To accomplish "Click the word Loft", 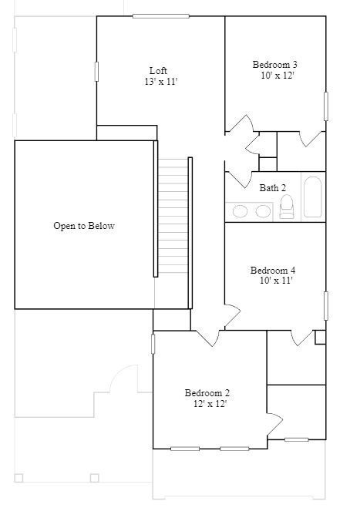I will (158, 70).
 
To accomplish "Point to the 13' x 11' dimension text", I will (160, 82).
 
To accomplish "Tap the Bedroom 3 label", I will (275, 65).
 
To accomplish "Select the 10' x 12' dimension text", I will (278, 76).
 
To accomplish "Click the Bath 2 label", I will (272, 187).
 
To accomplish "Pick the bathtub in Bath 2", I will (312, 198).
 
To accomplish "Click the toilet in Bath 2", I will (287, 207).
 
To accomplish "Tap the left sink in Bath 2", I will (241, 211).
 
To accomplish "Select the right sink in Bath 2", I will (263, 211).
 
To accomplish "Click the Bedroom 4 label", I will (273, 270).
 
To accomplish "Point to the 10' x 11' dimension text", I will (276, 281).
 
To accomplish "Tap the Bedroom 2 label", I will (207, 392).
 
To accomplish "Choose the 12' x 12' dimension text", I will (210, 403).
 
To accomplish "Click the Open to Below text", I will (83, 226).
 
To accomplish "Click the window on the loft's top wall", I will (160, 16).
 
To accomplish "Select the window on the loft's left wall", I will (96, 71).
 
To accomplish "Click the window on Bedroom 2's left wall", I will (153, 343).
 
